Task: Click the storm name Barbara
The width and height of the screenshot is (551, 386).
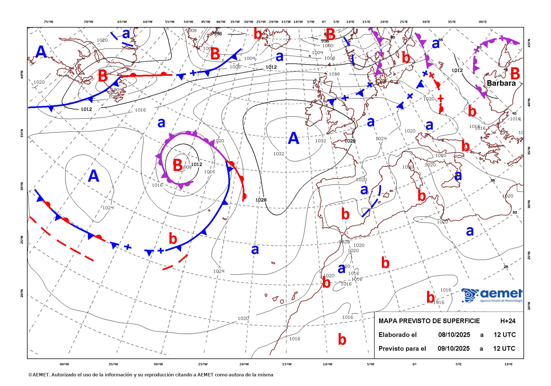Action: pyautogui.click(x=501, y=83)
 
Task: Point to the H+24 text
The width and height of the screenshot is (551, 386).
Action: pyautogui.click(x=508, y=321)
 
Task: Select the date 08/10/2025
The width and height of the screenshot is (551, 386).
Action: pyautogui.click(x=454, y=335)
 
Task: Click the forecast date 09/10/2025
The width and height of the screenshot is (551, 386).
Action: pyautogui.click(x=453, y=348)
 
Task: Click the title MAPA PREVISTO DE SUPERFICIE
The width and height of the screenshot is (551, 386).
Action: pyautogui.click(x=429, y=321)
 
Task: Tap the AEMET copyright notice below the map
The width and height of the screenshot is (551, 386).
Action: pyautogui.click(x=151, y=375)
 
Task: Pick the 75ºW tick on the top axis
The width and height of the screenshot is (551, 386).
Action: pyautogui.click(x=48, y=22)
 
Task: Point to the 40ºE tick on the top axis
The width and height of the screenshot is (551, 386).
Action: pyautogui.click(x=483, y=22)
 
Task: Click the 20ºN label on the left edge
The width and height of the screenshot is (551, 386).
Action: pyautogui.click(x=22, y=293)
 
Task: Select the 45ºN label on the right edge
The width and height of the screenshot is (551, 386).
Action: pyautogui.click(x=529, y=43)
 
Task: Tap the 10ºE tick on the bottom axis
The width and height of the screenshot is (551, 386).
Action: pyautogui.click(x=508, y=364)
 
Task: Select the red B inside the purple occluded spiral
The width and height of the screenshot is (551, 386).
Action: pyautogui.click(x=178, y=165)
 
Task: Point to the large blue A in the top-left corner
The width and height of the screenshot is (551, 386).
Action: pyautogui.click(x=41, y=52)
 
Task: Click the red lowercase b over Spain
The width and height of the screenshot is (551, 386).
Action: pyautogui.click(x=345, y=214)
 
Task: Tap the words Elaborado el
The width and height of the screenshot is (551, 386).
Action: pyautogui.click(x=397, y=335)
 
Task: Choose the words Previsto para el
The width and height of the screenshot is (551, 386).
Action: pyautogui.click(x=402, y=348)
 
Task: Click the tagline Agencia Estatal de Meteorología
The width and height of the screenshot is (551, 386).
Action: pyautogui.click(x=501, y=301)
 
